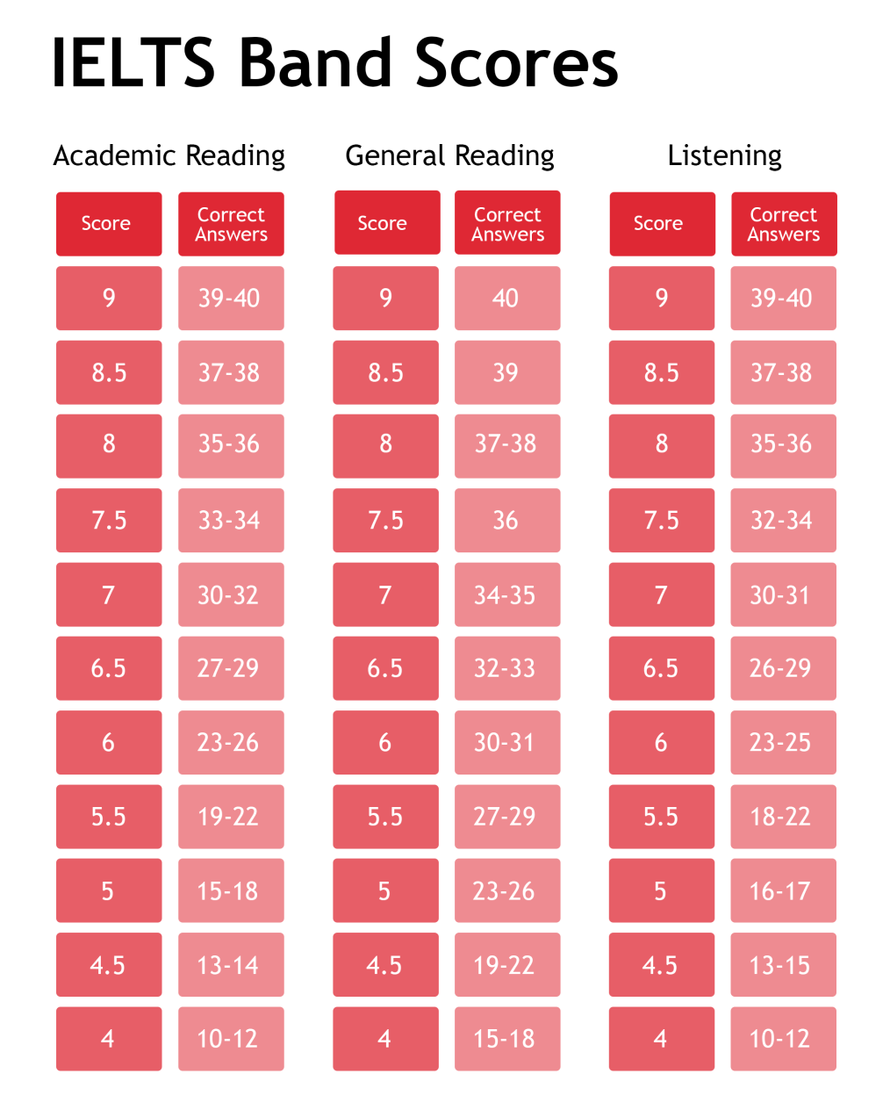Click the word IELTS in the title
point(133,62)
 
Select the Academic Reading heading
point(169,156)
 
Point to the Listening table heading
point(724,156)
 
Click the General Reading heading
point(449,156)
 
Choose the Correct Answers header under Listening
point(783,224)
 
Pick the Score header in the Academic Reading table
point(108,224)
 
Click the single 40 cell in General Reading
point(506,298)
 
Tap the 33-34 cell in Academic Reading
point(231,520)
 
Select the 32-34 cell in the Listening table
point(783,520)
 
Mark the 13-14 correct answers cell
point(230,964)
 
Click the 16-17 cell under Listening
point(782,890)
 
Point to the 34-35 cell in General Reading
point(506,595)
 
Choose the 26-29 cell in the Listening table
point(782,668)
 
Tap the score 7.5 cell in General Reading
point(385,520)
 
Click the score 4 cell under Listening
point(661,1039)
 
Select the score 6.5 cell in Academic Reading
point(108,668)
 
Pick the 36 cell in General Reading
point(506,520)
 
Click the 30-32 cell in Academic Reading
point(230,595)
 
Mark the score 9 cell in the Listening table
point(661,298)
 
